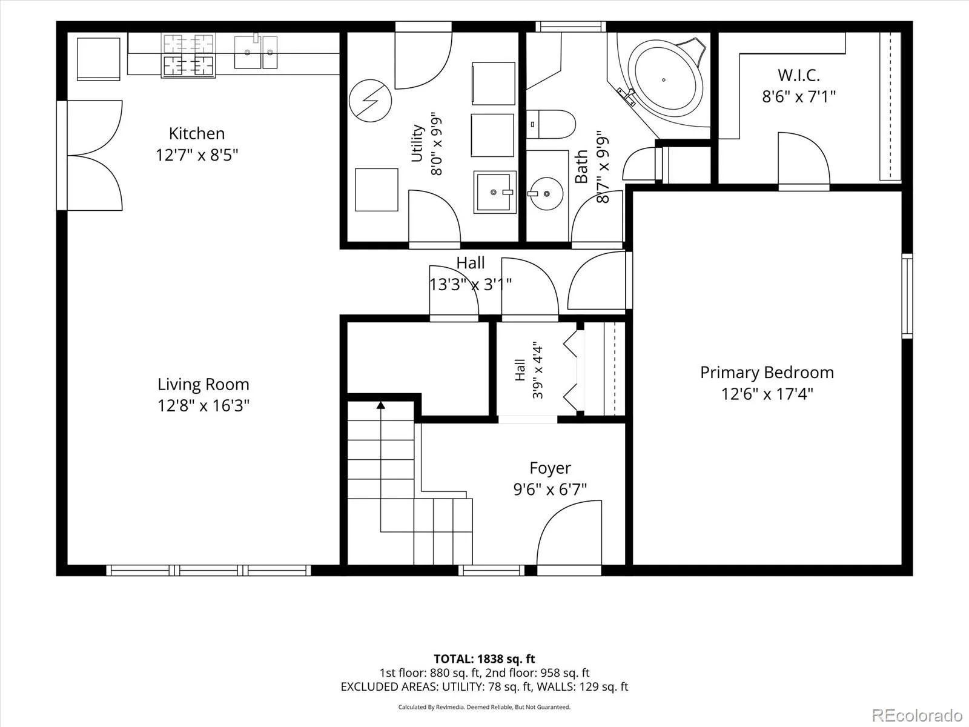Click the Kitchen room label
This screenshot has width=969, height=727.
(196, 133)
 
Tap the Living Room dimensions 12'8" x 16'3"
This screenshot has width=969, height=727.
(203, 405)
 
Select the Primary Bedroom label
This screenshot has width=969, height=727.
(767, 373)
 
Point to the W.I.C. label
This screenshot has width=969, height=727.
(799, 76)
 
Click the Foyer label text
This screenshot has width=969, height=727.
(550, 468)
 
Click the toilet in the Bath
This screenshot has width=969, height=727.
(551, 124)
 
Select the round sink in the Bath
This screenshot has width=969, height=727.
(546, 194)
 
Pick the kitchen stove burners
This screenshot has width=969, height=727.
(188, 56)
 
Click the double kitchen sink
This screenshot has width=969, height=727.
(256, 52)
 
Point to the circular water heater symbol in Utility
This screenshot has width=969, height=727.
(370, 101)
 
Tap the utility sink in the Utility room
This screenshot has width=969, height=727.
(495, 192)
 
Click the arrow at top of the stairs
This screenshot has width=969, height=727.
(380, 405)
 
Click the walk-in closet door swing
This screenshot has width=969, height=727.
(804, 159)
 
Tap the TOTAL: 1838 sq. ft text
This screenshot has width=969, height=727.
(484, 659)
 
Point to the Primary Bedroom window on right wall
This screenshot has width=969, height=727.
(907, 296)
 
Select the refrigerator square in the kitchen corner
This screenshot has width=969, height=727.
(99, 59)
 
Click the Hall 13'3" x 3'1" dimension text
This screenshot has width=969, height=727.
(471, 285)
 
